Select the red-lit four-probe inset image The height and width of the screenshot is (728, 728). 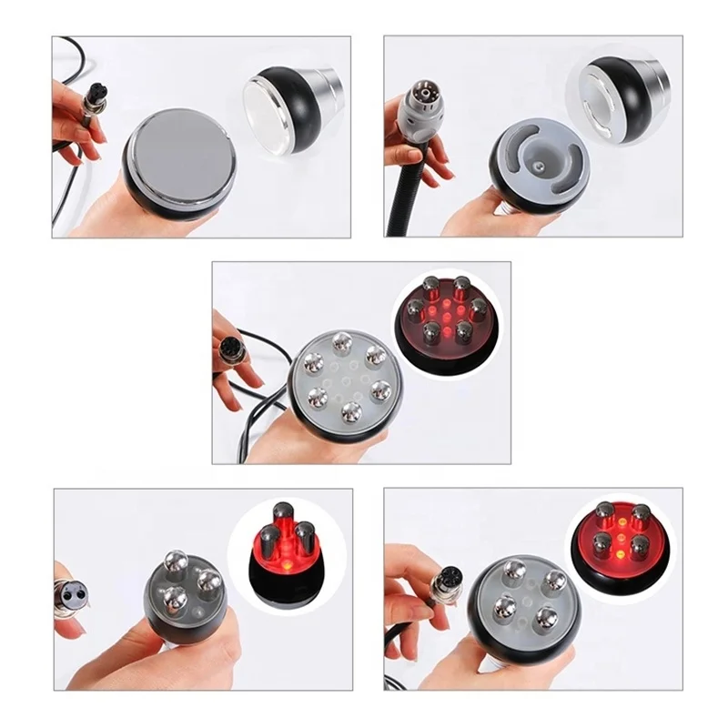(x=620, y=541)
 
